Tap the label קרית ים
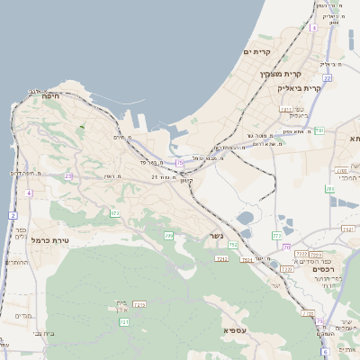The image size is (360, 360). coord(257,53)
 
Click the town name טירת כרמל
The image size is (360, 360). coord(49,240)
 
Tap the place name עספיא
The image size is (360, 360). coord(239,330)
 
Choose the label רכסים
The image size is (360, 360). coord(323,269)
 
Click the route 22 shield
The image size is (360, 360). coord(328,78)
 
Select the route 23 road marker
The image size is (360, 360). coord(68,175)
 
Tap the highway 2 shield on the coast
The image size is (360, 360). coord(13,216)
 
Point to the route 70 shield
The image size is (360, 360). coord(286,247)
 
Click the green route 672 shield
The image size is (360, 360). coord(115,213)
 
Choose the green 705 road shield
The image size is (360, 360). coord(168,236)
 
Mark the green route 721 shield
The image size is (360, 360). coord(124,321)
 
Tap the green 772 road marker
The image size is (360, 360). coord(276,235)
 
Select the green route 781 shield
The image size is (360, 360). coord(330,189)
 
